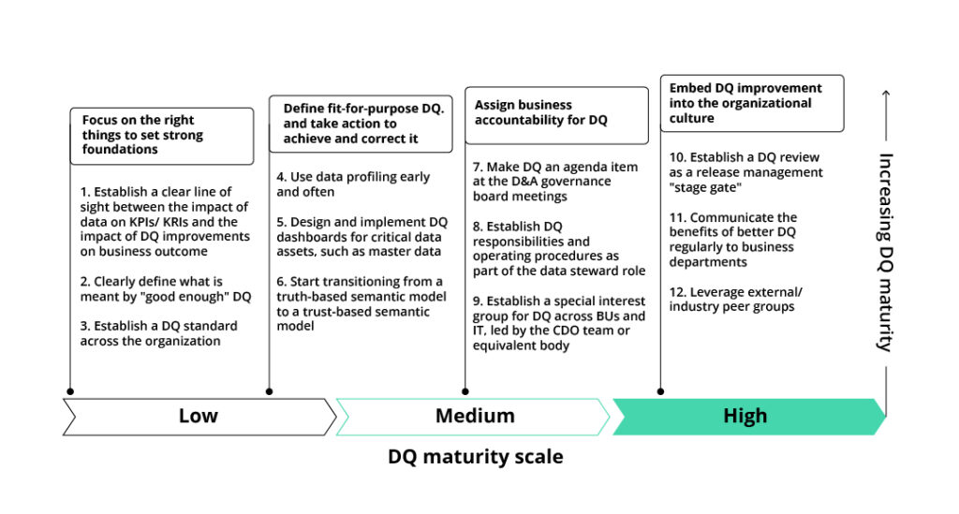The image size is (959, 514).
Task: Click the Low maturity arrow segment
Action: pos(199,416)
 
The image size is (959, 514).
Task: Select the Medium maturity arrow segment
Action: pos(474,416)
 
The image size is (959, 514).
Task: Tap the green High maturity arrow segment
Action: pos(745,416)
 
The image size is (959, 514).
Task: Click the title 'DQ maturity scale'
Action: pos(476,457)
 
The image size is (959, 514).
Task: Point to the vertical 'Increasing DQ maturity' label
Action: pos(884,251)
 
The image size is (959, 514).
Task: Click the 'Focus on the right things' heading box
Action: pos(161,136)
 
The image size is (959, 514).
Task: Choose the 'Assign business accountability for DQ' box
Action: pos(556,114)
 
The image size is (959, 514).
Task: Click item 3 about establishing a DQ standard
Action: pos(158,333)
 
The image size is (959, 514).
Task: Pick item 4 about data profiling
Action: pos(352,184)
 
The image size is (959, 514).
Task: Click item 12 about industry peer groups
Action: pos(735,299)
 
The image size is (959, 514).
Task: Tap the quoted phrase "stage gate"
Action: pos(707,187)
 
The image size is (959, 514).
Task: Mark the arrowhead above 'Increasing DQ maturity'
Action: pos(884,95)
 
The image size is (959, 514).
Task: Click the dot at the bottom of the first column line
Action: pos(71,391)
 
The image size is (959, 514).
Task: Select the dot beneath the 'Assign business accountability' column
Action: pos(465,391)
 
